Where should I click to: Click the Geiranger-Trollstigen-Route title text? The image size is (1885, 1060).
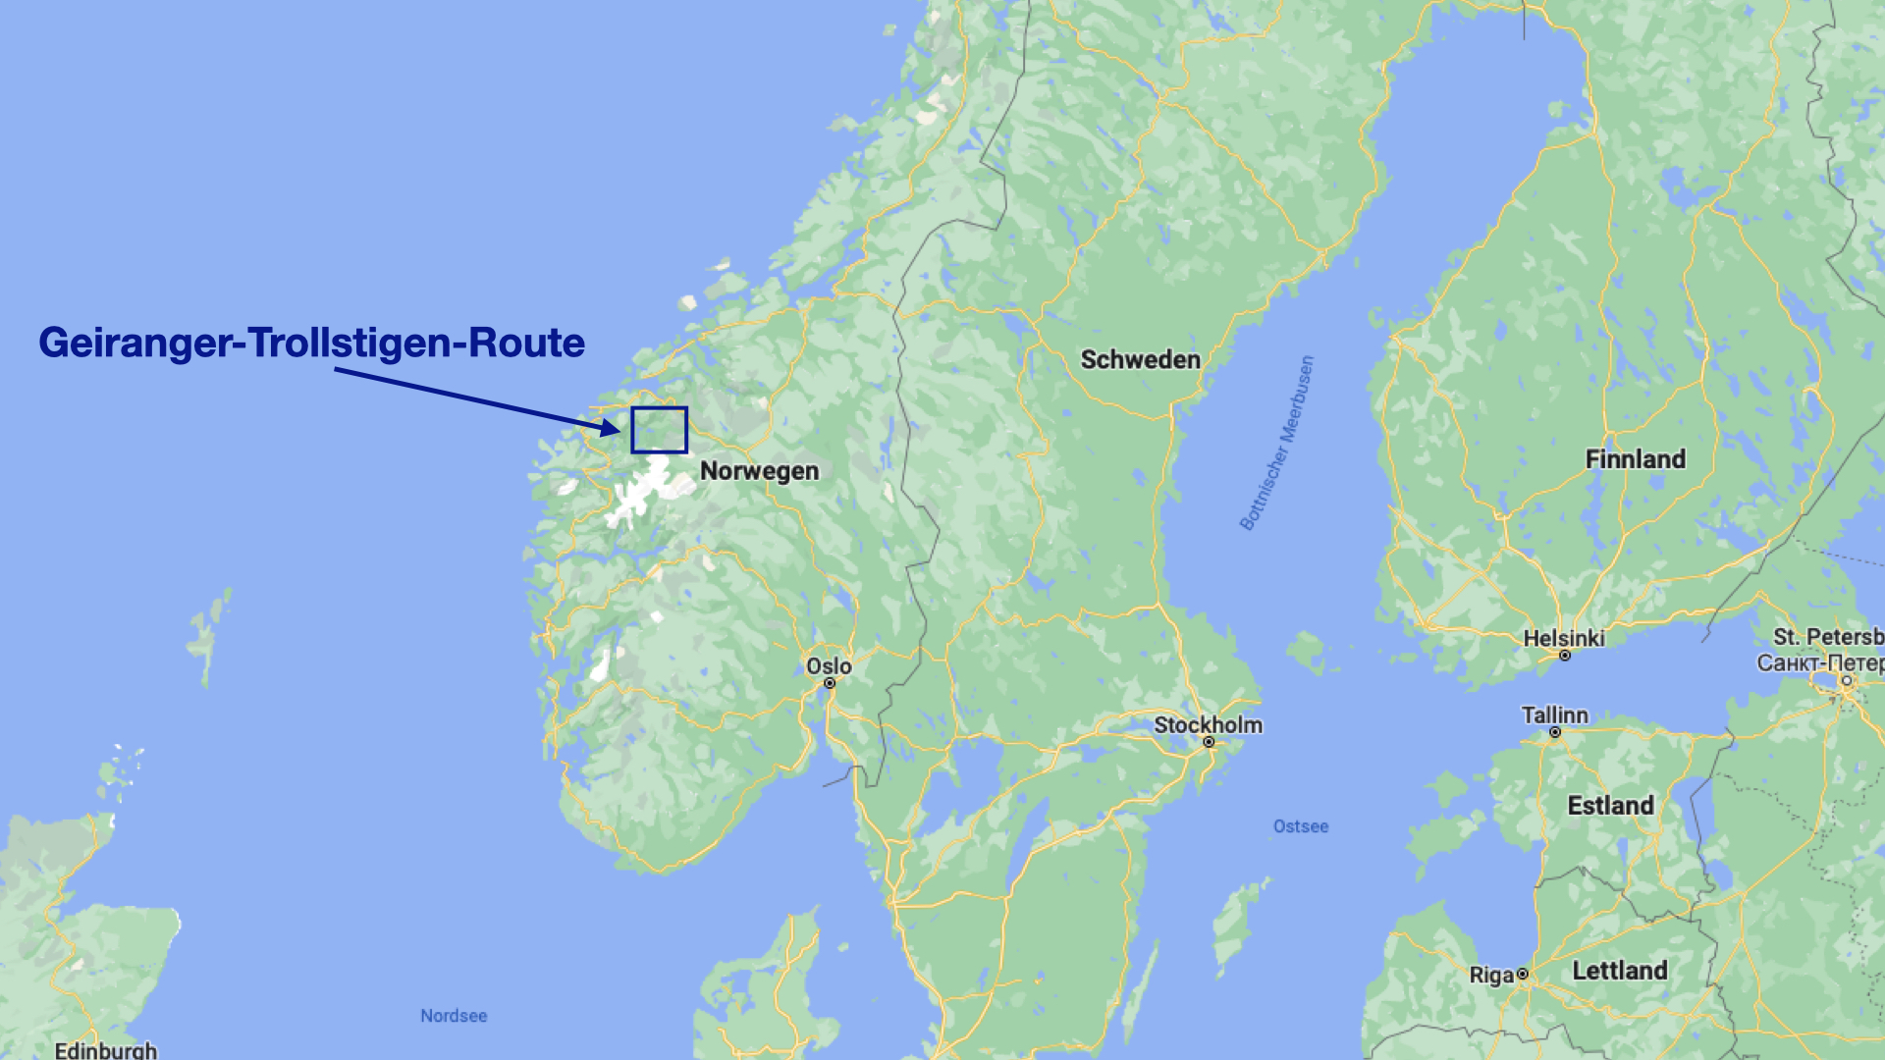click(x=311, y=343)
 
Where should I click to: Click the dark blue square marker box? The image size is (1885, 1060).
click(x=659, y=430)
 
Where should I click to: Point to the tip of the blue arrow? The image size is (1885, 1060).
click(x=619, y=430)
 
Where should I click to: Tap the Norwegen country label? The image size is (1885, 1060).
click(x=759, y=471)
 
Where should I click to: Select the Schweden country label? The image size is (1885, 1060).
click(x=1140, y=360)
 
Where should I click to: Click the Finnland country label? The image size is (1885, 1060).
click(x=1635, y=459)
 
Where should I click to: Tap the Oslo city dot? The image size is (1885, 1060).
click(x=830, y=683)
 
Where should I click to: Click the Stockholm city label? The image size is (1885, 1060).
click(x=1208, y=725)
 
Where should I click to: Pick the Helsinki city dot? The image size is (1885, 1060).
click(x=1565, y=656)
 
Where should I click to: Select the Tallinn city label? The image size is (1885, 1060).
click(x=1554, y=715)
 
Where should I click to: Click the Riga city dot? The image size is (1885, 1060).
click(x=1522, y=975)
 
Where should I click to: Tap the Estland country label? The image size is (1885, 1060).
click(x=1610, y=806)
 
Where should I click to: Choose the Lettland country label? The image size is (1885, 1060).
click(x=1619, y=971)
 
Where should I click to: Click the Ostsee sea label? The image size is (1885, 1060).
click(x=1300, y=826)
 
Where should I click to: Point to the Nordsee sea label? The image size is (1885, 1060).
click(x=454, y=1016)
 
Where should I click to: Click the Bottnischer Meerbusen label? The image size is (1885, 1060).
click(x=1276, y=444)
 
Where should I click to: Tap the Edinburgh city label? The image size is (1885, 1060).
click(x=105, y=1050)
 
